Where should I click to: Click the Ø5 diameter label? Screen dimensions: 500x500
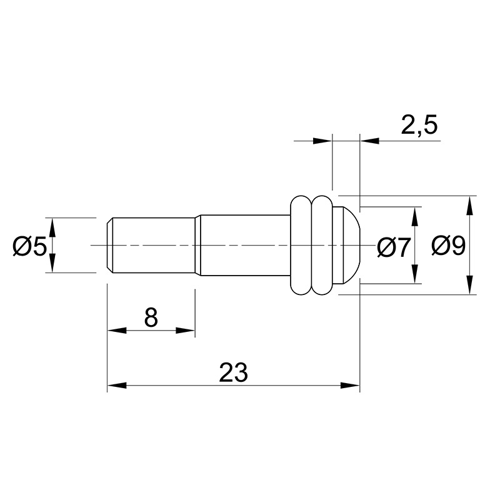[x=29, y=246]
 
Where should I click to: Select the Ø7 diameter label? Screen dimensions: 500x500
[x=393, y=247]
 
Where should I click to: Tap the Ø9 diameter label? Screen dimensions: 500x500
[x=448, y=246]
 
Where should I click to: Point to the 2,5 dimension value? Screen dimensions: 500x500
[x=419, y=125]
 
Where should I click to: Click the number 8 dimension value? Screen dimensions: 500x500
[x=151, y=317]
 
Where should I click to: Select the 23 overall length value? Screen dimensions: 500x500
[x=233, y=372]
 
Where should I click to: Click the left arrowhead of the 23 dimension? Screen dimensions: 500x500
[x=117, y=386]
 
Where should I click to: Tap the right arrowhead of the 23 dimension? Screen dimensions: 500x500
[x=350, y=386]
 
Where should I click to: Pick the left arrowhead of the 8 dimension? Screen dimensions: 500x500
[x=117, y=331]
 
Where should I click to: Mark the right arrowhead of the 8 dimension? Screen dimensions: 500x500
[x=185, y=331]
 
